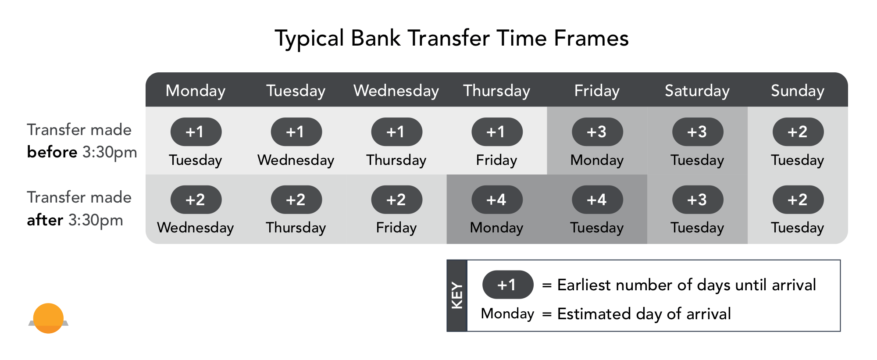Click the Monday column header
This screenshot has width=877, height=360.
[x=196, y=91]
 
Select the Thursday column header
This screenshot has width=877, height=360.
[x=496, y=91]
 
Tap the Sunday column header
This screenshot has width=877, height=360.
[x=797, y=91]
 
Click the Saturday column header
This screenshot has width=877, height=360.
[x=697, y=91]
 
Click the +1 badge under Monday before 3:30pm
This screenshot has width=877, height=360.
[x=196, y=132]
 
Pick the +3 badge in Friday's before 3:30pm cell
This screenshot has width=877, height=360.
[x=597, y=132]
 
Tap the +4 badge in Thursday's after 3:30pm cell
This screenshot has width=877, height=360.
[x=496, y=200]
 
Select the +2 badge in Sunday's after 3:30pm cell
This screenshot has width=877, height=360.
[x=797, y=200]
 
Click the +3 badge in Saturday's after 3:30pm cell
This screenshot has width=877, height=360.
[x=697, y=200]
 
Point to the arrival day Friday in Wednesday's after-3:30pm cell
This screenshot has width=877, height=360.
[x=396, y=228]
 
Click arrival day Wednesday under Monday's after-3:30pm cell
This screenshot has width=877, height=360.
[x=196, y=228]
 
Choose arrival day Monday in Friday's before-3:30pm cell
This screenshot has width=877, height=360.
[x=597, y=160]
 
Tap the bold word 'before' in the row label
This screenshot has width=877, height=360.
[x=52, y=152]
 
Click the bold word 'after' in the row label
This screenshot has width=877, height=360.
[x=45, y=220]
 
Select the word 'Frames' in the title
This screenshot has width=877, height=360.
[x=591, y=38]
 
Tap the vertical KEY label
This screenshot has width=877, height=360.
[x=457, y=296]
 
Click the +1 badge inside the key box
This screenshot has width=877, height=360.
[x=507, y=285]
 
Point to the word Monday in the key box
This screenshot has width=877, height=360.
[x=507, y=314]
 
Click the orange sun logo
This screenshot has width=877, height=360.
[x=48, y=318]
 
